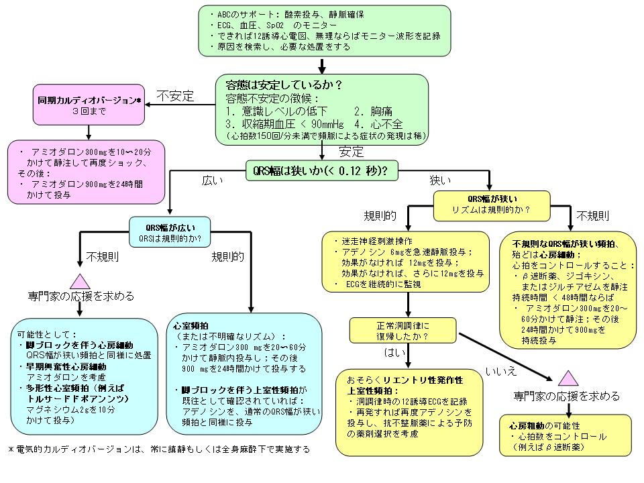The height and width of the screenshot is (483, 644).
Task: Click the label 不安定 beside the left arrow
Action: point(175,96)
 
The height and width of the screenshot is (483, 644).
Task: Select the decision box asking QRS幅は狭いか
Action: point(322,170)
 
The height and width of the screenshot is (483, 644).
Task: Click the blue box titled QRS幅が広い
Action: point(170,231)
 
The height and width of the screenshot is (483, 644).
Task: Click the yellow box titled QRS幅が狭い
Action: point(492,204)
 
